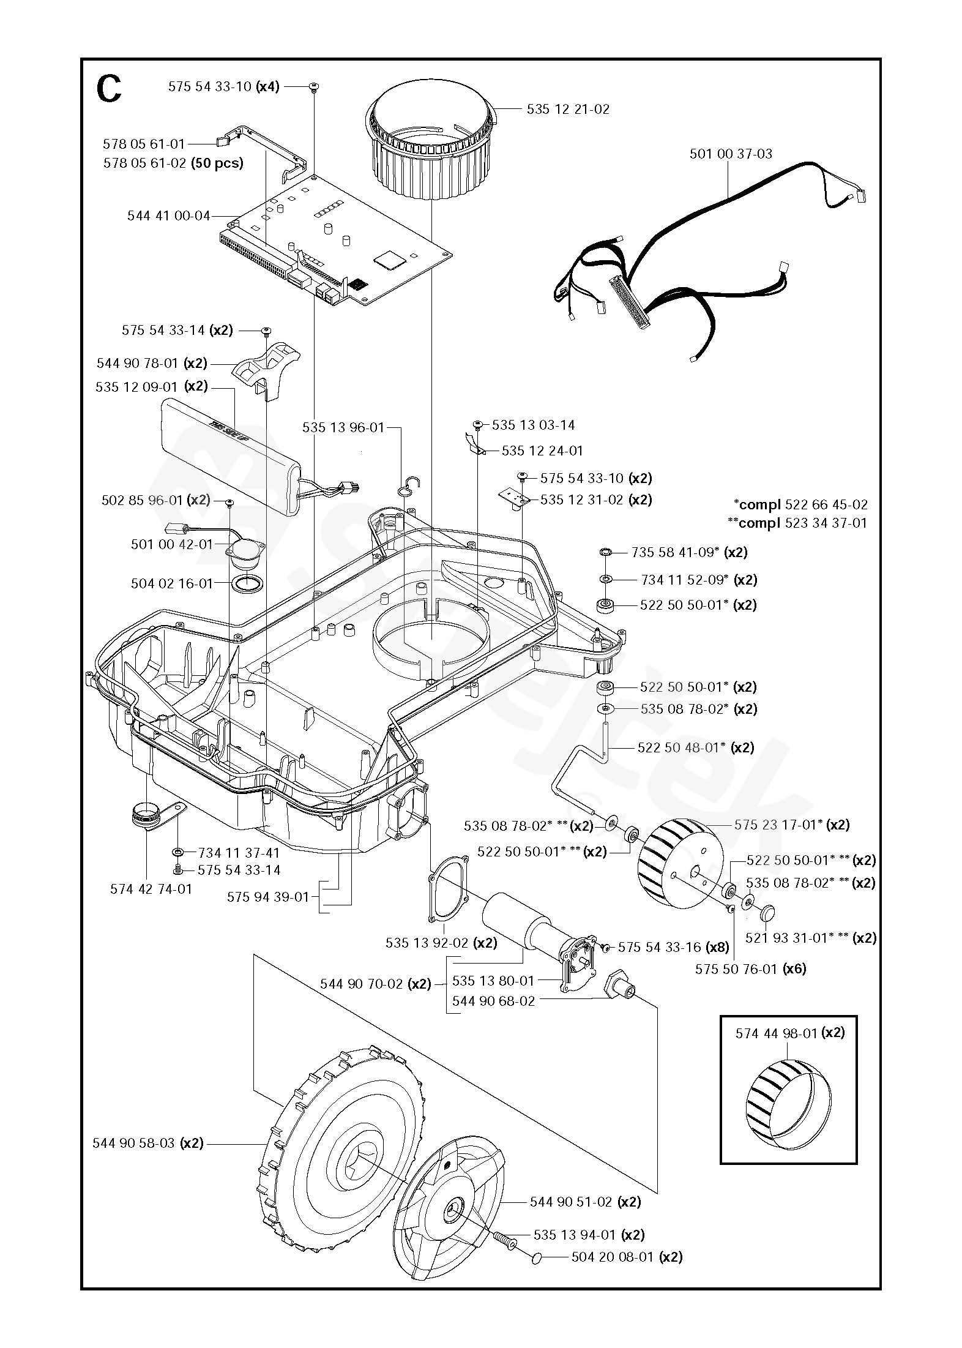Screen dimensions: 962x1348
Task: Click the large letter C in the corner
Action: [109, 90]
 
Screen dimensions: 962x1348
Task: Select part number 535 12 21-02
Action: [568, 109]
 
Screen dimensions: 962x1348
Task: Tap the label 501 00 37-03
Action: [731, 154]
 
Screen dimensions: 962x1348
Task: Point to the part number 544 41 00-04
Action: [169, 215]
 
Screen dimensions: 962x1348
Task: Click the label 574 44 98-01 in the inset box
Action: [777, 1033]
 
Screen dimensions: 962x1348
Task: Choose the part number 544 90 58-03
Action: [133, 1143]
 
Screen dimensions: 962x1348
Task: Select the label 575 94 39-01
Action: [268, 897]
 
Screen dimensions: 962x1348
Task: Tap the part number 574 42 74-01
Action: [151, 889]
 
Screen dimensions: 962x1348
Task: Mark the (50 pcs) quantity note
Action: [217, 163]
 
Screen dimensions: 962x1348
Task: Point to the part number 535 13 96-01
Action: [343, 428]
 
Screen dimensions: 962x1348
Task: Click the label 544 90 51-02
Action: [571, 1202]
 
